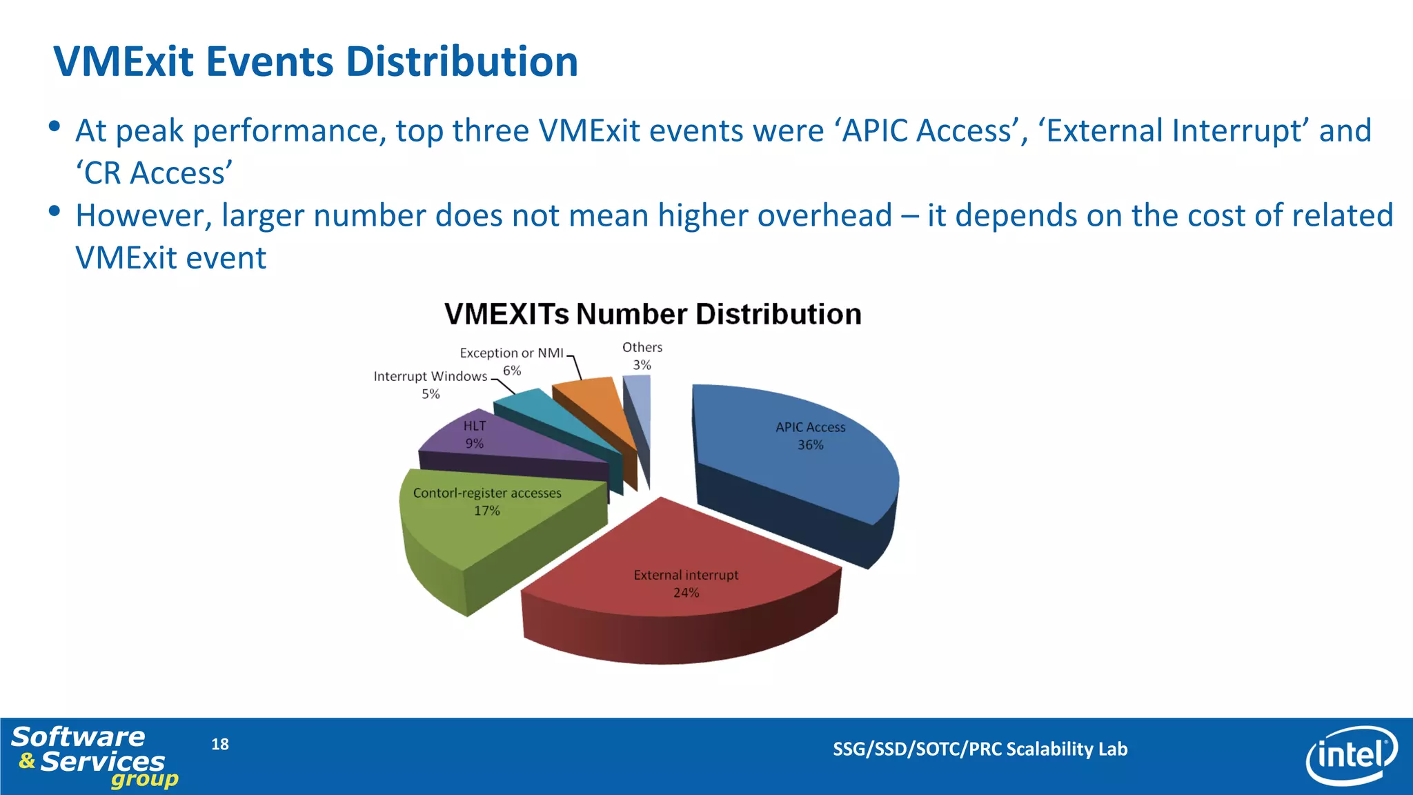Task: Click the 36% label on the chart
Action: click(x=810, y=445)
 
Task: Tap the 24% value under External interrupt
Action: click(x=686, y=593)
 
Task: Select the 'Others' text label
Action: click(x=642, y=347)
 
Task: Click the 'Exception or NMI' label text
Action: click(x=511, y=353)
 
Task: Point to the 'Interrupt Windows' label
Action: click(x=430, y=376)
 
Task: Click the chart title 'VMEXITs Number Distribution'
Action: click(x=653, y=314)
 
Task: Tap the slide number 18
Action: click(x=219, y=744)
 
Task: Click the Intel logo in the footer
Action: click(x=1351, y=756)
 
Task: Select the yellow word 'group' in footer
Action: click(x=144, y=780)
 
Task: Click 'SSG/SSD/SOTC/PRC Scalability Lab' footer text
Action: click(x=980, y=749)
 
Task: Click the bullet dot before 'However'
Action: click(x=55, y=211)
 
